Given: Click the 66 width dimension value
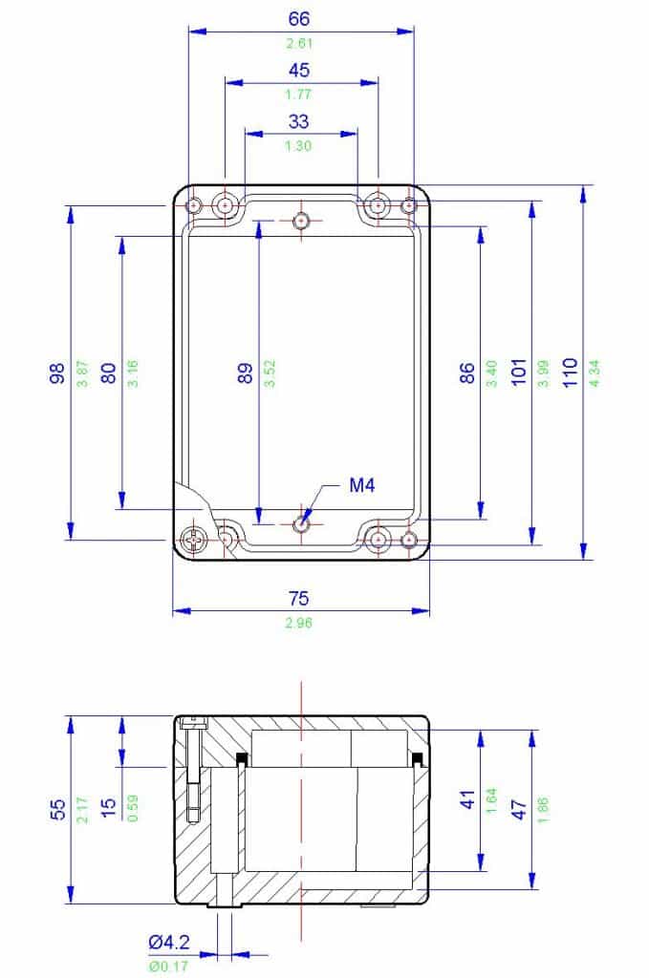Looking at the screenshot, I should click(300, 18).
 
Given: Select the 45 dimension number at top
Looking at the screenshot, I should click(300, 70).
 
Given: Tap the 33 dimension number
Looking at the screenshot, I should click(300, 121).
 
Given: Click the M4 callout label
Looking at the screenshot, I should click(361, 486).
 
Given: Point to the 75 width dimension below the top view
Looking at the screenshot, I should click(300, 599).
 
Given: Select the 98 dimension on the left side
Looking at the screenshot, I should click(56, 372).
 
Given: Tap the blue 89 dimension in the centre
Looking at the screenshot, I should click(246, 372).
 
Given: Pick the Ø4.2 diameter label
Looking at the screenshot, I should click(168, 943).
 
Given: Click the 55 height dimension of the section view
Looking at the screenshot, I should click(56, 810).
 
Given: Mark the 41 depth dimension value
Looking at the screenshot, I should click(467, 800).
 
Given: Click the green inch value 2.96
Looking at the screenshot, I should click(300, 623).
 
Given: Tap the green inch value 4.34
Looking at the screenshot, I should click(595, 371).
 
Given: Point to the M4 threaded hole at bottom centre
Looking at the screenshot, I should click(301, 523).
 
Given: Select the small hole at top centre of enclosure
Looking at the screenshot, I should click(301, 221).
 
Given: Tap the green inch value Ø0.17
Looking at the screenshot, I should click(168, 966).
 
